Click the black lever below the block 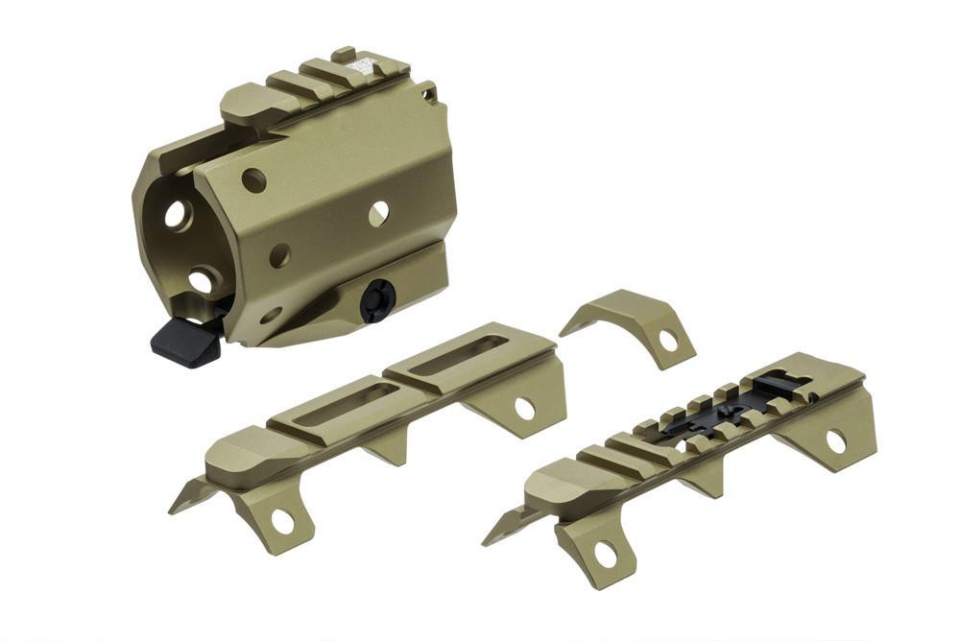[x=185, y=341]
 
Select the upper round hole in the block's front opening [x=177, y=215]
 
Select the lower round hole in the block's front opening [x=202, y=281]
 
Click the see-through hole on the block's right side [x=378, y=213]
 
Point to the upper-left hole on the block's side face [x=253, y=180]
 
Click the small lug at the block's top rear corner [x=427, y=91]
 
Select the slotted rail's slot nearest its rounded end [x=330, y=402]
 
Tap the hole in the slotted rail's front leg [x=282, y=521]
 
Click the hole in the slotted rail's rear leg [x=524, y=409]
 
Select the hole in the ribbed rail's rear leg [x=835, y=440]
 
